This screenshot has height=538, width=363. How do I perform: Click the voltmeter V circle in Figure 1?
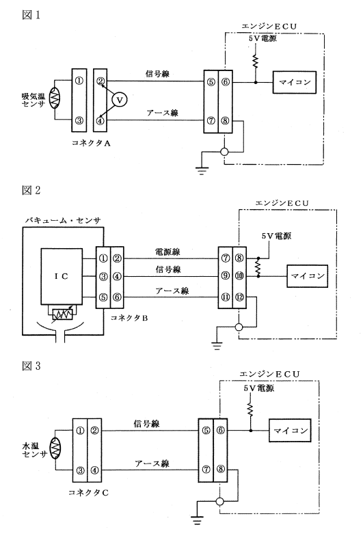coord(119,100)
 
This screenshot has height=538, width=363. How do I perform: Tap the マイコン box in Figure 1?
coord(294,82)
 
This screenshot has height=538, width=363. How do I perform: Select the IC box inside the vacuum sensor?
coord(62,276)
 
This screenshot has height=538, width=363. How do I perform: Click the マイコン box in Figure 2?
coord(307,276)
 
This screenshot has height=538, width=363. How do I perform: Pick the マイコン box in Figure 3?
coord(290,430)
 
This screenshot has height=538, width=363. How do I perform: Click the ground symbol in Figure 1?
coord(202,170)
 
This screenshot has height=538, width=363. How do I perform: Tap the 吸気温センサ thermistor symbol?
coord(54,98)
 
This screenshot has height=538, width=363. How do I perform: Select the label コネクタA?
coord(91,144)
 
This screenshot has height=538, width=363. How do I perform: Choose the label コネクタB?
coord(129,318)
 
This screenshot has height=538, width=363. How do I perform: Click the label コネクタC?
coord(88,493)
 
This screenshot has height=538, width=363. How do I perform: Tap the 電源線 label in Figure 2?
coord(167,252)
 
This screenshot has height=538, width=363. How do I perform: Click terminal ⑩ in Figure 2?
coord(239,276)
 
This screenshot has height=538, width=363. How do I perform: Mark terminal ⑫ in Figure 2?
coord(239,297)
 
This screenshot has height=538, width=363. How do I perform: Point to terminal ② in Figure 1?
coord(100,81)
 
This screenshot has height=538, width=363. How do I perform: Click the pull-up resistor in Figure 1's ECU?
coord(255,62)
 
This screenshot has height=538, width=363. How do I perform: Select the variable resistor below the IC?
coord(62,312)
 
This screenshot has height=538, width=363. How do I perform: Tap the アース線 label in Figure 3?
coord(152,464)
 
